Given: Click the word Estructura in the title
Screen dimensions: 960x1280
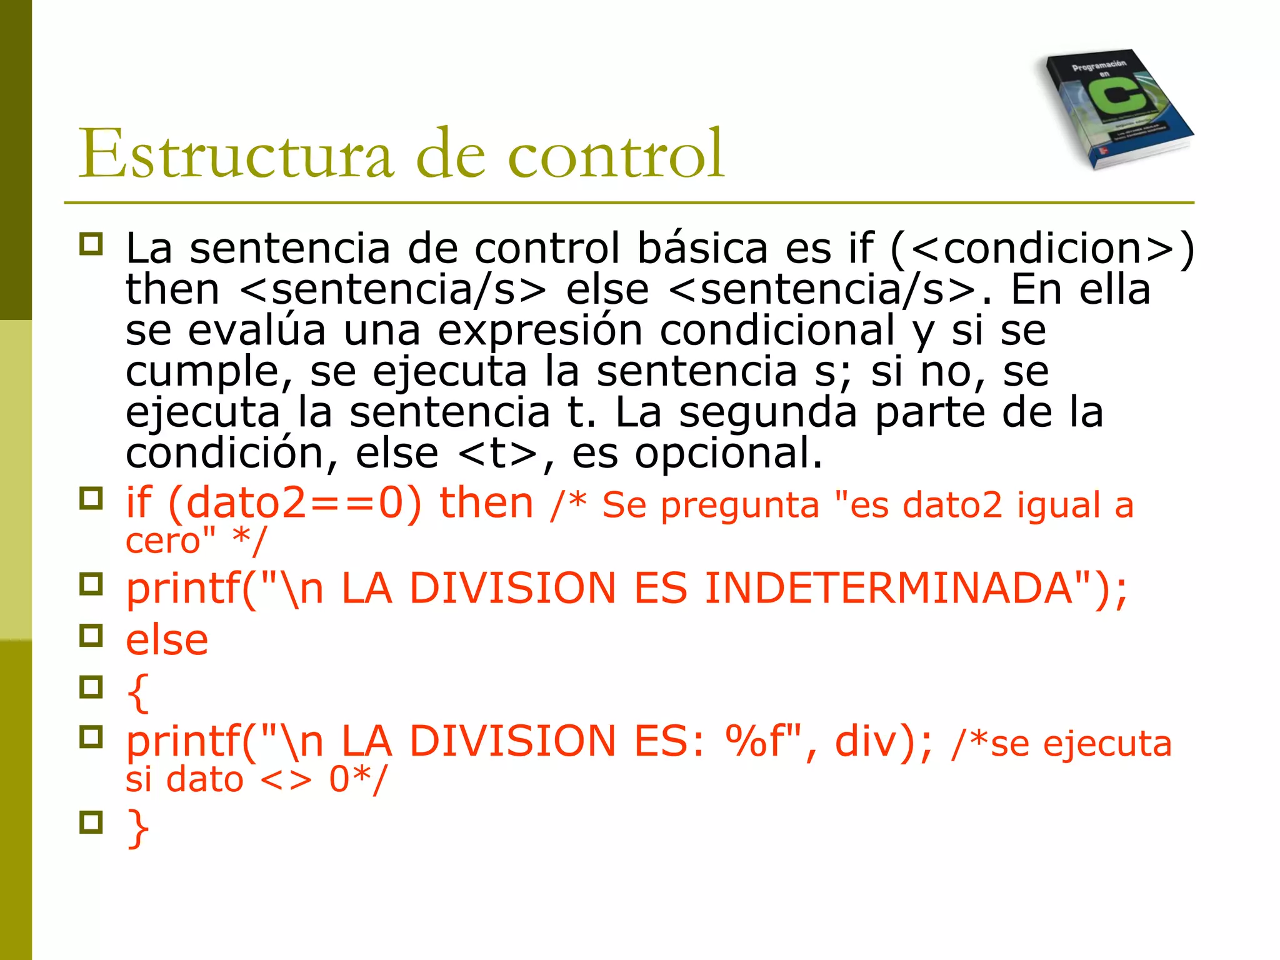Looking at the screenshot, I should tap(236, 154).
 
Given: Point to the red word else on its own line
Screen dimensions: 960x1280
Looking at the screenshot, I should tap(167, 640).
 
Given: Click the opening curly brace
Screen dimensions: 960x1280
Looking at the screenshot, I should tap(137, 692).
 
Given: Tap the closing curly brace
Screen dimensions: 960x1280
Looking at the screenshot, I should tap(137, 828).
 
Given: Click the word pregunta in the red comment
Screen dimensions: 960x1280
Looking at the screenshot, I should tap(740, 505).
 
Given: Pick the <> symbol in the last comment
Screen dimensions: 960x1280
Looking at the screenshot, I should tap(285, 780).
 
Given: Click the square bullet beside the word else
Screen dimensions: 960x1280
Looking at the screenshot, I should tap(91, 636).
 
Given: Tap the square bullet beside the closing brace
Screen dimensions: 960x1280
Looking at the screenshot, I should tap(91, 822).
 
